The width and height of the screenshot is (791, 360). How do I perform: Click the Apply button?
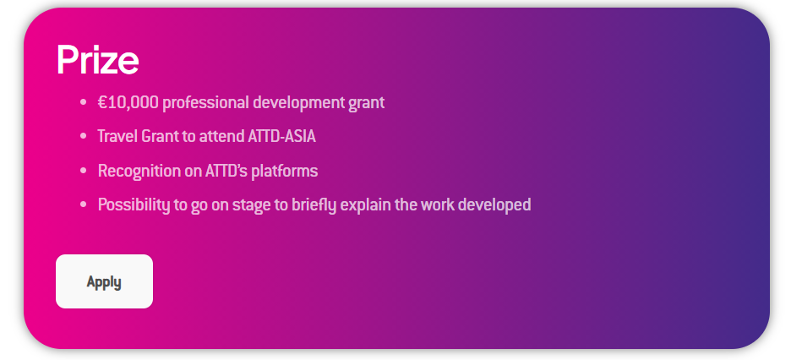[104, 281]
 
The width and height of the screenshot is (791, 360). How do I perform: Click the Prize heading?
[97, 60]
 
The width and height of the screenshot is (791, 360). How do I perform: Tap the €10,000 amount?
[128, 103]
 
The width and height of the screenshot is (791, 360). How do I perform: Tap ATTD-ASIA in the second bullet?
[282, 136]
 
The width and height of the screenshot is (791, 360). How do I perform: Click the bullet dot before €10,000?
[83, 103]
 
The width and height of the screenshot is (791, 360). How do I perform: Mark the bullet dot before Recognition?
[83, 171]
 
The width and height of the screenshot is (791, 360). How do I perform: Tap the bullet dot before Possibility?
[83, 205]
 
